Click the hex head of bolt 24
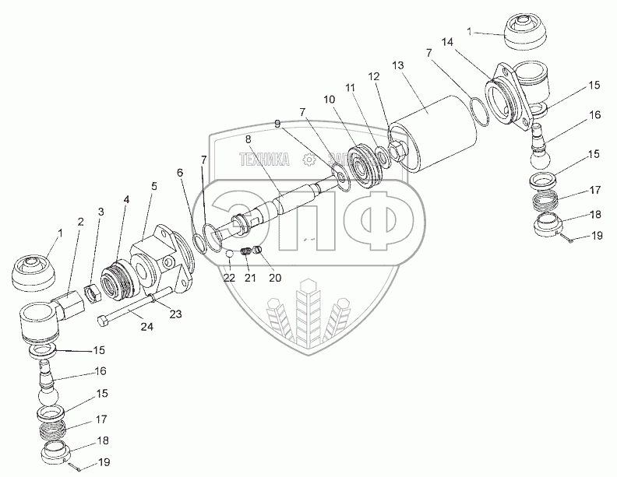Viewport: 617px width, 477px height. pyautogui.click(x=103, y=320)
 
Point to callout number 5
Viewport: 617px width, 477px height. pyautogui.click(x=153, y=186)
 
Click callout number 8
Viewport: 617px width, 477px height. pyautogui.click(x=248, y=139)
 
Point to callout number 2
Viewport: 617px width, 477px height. pyautogui.click(x=80, y=223)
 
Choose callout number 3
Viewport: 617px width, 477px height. pyautogui.click(x=100, y=212)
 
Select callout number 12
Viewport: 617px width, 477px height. pyautogui.click(x=374, y=77)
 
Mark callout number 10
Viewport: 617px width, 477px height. pyautogui.click(x=329, y=100)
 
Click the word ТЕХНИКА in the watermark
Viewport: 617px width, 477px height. pyautogui.click(x=266, y=160)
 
